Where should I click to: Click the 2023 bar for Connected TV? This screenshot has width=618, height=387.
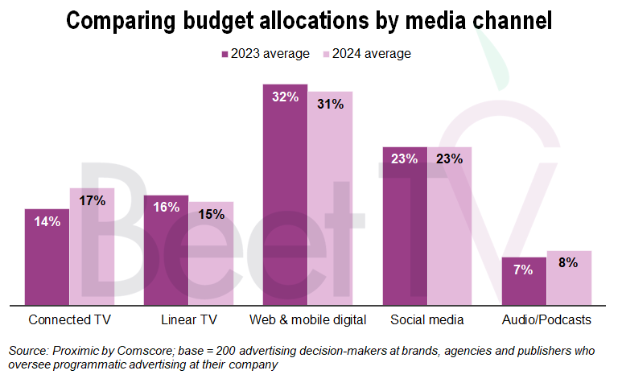pyautogui.click(x=47, y=257)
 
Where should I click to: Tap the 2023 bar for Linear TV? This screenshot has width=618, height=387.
pyautogui.click(x=166, y=250)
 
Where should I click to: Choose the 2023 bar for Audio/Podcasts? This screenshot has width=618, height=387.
pyautogui.click(x=524, y=281)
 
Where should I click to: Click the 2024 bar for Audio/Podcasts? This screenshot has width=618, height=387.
pyautogui.click(x=569, y=278)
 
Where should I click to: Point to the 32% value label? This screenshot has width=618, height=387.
pyautogui.click(x=286, y=97)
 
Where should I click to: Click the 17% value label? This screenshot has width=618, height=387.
pyautogui.click(x=93, y=201)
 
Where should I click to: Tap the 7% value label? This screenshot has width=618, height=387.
pyautogui.click(x=523, y=270)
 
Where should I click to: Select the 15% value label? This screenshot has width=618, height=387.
pyautogui.click(x=212, y=214)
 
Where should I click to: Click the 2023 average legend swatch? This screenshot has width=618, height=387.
pyautogui.click(x=225, y=55)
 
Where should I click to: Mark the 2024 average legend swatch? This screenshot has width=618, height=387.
pyautogui.click(x=326, y=55)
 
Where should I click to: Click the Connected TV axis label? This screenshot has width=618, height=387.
pyautogui.click(x=69, y=319)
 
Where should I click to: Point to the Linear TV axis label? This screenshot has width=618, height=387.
pyautogui.click(x=188, y=319)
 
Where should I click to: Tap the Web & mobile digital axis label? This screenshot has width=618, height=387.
pyautogui.click(x=308, y=319)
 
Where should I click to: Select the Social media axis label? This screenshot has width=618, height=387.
pyautogui.click(x=427, y=319)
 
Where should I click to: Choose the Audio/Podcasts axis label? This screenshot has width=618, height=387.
pyautogui.click(x=546, y=319)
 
